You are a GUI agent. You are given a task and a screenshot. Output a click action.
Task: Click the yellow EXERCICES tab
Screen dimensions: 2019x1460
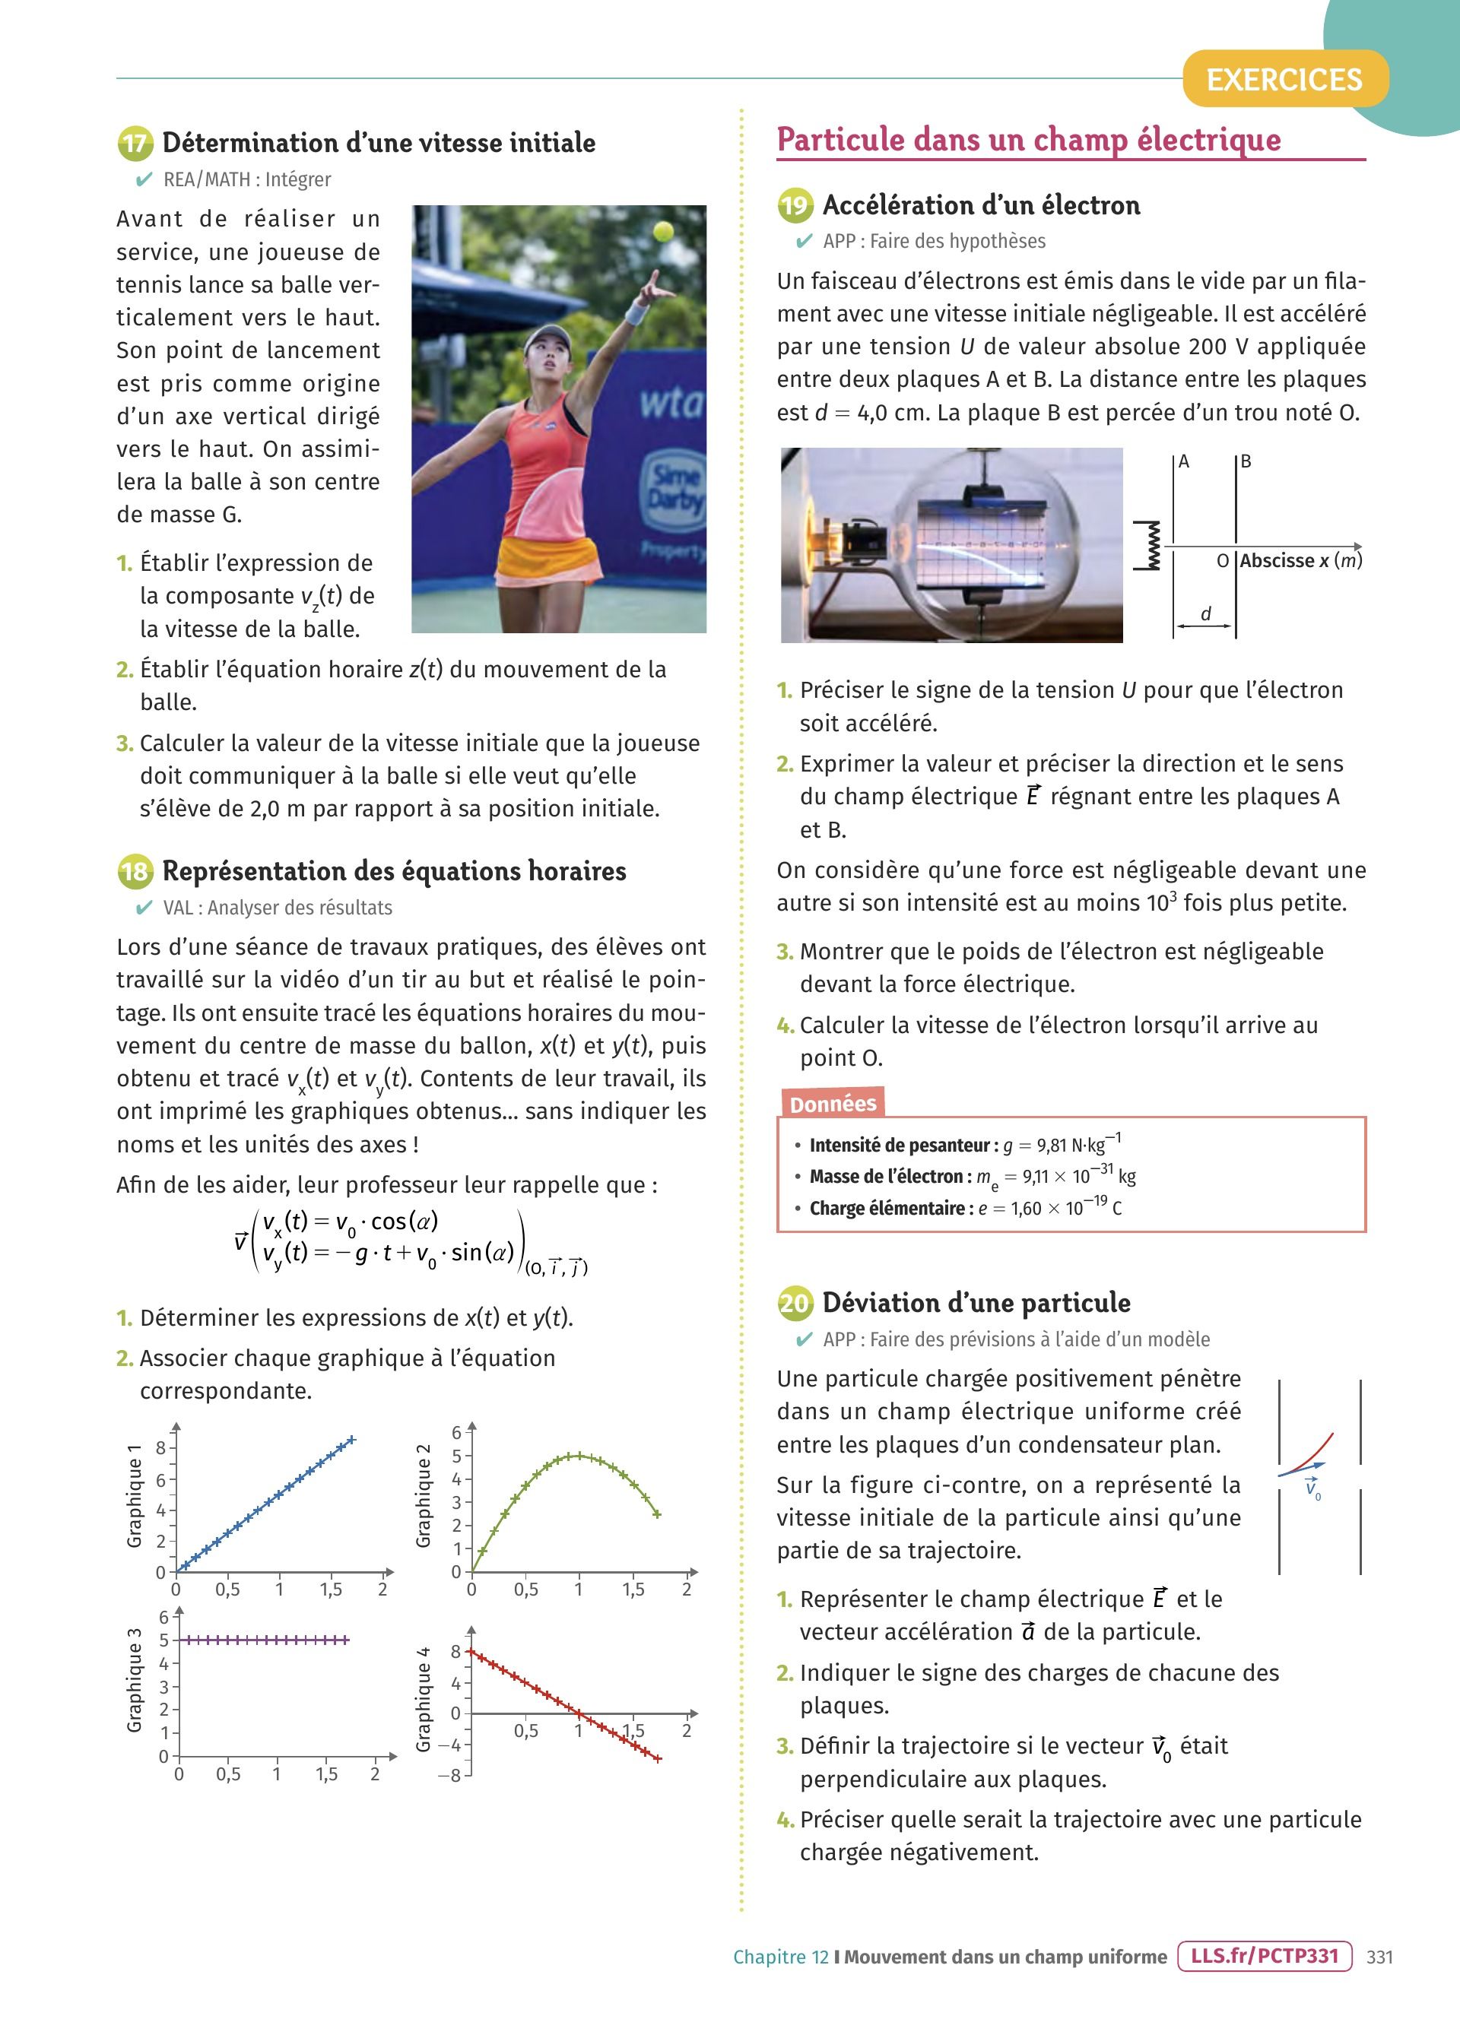tap(1284, 79)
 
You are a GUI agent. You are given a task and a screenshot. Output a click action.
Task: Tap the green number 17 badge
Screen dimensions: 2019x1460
tap(135, 144)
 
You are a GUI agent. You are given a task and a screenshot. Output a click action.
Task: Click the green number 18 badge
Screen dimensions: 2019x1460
tap(135, 870)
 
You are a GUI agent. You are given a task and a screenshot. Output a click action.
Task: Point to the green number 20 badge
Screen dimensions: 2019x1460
tap(794, 1303)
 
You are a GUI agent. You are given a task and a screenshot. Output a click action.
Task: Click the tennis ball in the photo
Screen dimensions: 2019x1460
tap(662, 231)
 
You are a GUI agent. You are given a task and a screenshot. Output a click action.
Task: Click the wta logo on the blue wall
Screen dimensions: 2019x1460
tap(671, 403)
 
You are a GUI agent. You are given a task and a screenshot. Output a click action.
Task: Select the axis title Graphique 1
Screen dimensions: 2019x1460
tap(135, 1495)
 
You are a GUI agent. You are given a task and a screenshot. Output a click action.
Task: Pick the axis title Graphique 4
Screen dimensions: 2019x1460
tap(424, 1698)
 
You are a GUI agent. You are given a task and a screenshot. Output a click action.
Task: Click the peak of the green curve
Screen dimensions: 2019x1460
tap(579, 1456)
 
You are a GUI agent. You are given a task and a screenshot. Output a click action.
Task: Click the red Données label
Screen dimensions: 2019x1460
tap(833, 1104)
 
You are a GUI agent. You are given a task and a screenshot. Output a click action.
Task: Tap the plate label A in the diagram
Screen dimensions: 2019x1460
tap(1184, 461)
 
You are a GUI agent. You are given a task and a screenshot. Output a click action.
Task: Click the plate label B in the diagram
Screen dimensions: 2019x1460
tap(1246, 461)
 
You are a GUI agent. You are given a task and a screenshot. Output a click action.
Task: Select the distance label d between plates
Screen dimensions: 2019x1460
tap(1205, 613)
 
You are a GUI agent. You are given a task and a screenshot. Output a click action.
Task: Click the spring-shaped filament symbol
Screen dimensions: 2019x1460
tap(1148, 546)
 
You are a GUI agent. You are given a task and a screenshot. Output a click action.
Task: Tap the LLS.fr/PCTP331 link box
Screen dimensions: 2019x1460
tap(1264, 1956)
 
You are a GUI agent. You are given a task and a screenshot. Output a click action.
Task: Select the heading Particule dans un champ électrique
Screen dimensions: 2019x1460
tap(1028, 140)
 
